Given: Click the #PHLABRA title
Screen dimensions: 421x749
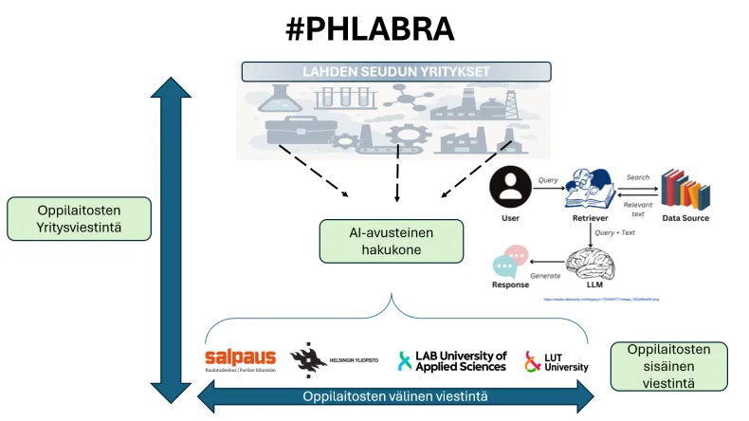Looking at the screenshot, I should pos(370,28).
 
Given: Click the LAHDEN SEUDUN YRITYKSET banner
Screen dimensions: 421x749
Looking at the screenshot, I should pos(396,72).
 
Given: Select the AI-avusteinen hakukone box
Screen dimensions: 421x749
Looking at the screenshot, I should pos(392,241).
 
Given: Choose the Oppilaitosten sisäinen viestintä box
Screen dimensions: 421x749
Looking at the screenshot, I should pos(668,366).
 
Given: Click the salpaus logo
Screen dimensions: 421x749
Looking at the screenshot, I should pos(241,359).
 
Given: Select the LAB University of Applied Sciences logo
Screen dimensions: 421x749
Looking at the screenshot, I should pos(452,360).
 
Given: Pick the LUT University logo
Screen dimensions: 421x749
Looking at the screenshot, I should pos(557,360).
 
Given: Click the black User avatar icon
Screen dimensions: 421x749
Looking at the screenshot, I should pos(510,186).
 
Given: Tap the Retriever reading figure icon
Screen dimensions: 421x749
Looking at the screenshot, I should pos(590,187).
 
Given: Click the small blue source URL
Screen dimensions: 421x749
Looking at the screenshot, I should pos(601,299).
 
